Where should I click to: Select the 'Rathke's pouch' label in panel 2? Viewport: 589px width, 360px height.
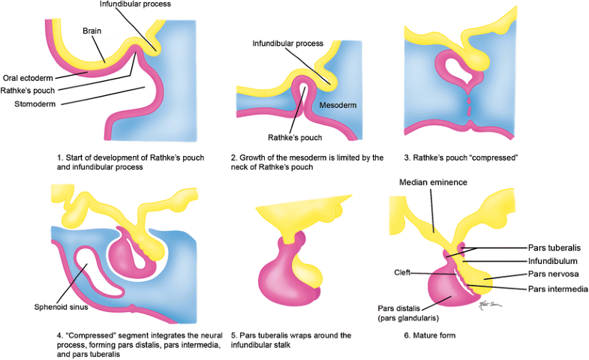(x=296, y=137)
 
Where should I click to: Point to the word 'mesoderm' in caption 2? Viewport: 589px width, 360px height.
(x=314, y=158)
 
